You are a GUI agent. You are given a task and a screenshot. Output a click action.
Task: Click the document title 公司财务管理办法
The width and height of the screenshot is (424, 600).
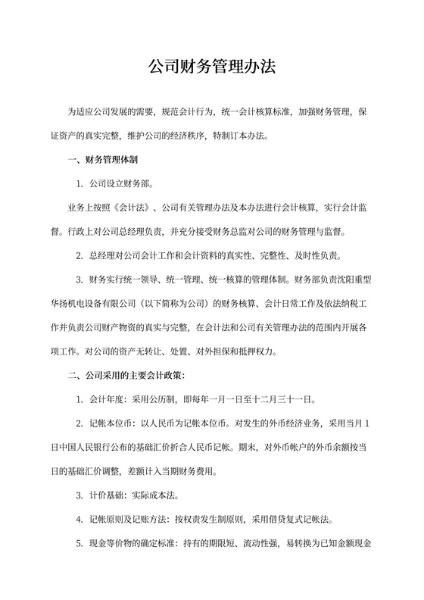(211, 68)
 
